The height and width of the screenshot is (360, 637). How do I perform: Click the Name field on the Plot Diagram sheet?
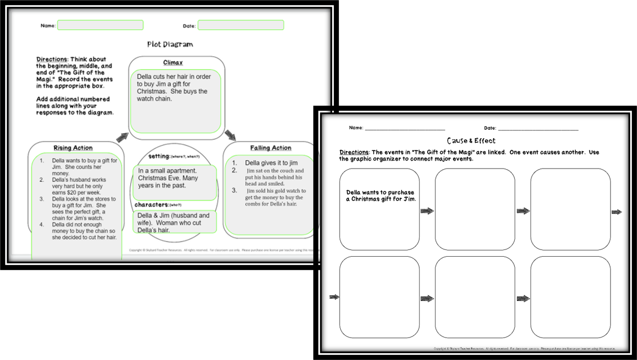[x=100, y=25]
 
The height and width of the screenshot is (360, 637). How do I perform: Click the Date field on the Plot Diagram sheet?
[x=240, y=25]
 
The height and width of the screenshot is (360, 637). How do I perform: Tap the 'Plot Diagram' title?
[x=169, y=44]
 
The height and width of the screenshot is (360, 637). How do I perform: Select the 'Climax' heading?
[x=172, y=62]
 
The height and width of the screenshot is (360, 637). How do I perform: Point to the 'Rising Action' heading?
[x=73, y=148]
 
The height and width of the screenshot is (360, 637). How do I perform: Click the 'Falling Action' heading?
[x=271, y=148]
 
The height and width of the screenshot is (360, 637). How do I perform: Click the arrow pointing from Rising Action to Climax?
[x=121, y=138]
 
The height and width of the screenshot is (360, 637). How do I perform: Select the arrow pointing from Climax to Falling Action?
[x=230, y=135]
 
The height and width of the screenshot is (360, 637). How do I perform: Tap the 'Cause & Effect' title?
[x=471, y=140]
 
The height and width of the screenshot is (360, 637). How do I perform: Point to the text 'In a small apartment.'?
[x=167, y=171]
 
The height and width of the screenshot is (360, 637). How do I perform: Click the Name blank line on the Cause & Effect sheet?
[x=405, y=129]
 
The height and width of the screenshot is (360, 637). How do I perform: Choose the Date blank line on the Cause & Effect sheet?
[x=538, y=129]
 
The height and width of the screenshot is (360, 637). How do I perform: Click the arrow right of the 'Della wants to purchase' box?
[x=427, y=211]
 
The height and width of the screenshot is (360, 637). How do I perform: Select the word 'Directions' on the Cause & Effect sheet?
[x=354, y=152]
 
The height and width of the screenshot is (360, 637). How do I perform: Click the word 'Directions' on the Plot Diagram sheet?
[x=51, y=59]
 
